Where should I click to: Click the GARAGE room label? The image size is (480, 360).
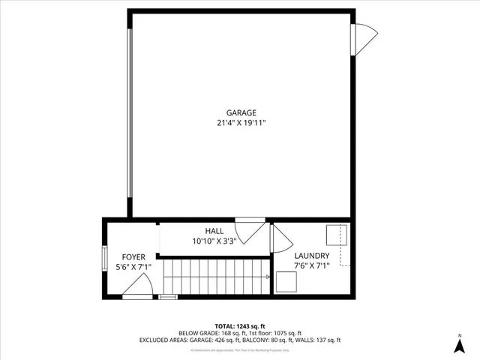point(239,112)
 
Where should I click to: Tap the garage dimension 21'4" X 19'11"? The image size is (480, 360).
point(239,123)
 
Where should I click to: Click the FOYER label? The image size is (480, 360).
point(124,257)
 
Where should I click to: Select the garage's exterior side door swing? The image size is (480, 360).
point(365,38)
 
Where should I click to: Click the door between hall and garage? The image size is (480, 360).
point(250,229)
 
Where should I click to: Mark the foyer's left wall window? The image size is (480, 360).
point(104,257)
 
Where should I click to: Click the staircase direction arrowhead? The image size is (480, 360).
point(268,277)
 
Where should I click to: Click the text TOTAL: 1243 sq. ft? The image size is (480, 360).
point(239,325)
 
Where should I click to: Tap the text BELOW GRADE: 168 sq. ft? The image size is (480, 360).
point(209,333)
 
